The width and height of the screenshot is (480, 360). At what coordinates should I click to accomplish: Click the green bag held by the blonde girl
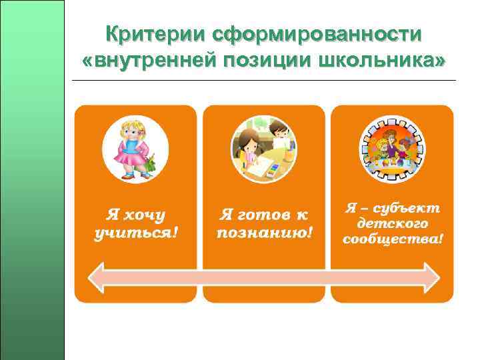pyautogui.click(x=150, y=162)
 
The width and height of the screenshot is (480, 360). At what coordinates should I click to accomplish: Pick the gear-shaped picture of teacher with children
pyautogui.click(x=391, y=148)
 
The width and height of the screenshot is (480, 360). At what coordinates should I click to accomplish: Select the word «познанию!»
pyautogui.click(x=265, y=233)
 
